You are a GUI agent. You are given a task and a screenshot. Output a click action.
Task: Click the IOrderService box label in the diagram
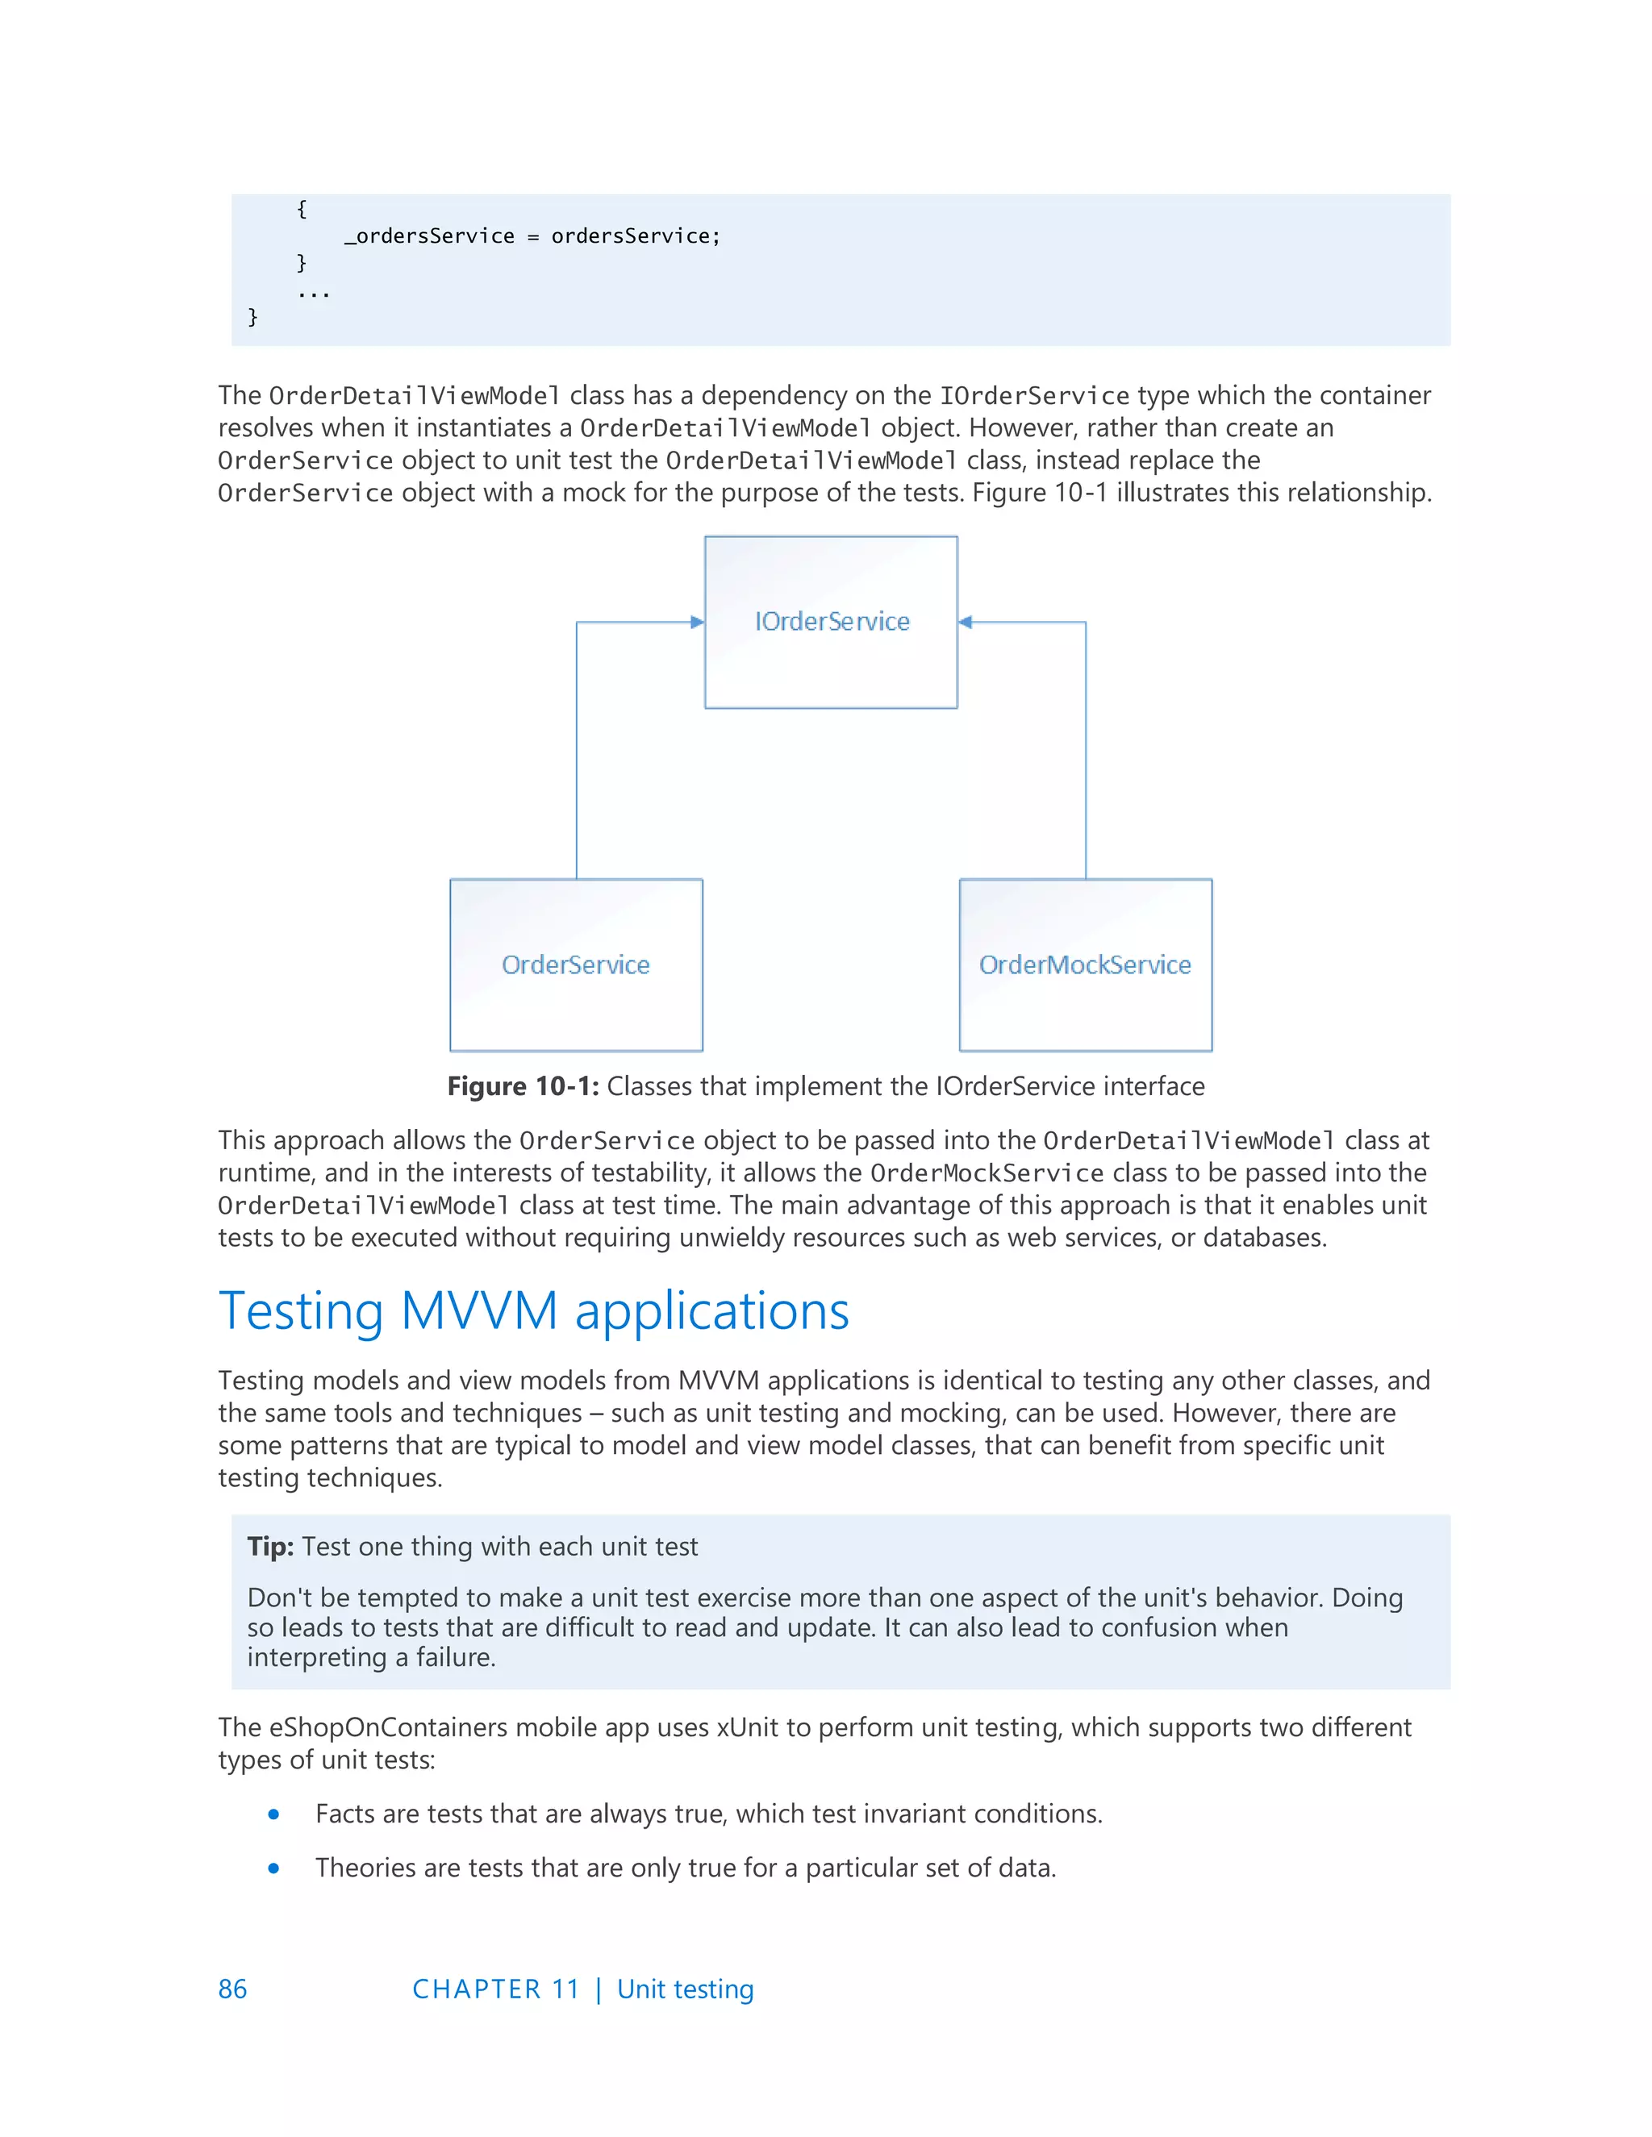(x=832, y=621)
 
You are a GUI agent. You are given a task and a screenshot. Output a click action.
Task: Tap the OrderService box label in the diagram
(x=575, y=964)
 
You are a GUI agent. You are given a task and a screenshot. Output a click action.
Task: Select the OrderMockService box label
(x=1084, y=964)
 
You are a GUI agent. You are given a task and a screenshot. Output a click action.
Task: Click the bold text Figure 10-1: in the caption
(x=523, y=1086)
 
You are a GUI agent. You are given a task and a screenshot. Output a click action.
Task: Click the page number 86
(x=232, y=1989)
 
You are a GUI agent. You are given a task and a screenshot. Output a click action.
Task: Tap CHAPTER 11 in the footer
(x=496, y=1989)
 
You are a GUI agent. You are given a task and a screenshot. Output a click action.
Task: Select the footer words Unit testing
(x=685, y=1989)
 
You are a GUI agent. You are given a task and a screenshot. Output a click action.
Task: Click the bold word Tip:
(x=270, y=1547)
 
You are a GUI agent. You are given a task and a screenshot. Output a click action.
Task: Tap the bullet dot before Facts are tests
(x=274, y=1814)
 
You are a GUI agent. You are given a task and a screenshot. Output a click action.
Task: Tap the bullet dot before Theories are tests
(x=274, y=1868)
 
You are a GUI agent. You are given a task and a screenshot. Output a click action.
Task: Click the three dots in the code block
(x=313, y=293)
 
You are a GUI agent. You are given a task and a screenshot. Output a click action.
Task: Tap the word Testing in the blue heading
(x=300, y=1311)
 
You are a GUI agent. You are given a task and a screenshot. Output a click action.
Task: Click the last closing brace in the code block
(x=252, y=316)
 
